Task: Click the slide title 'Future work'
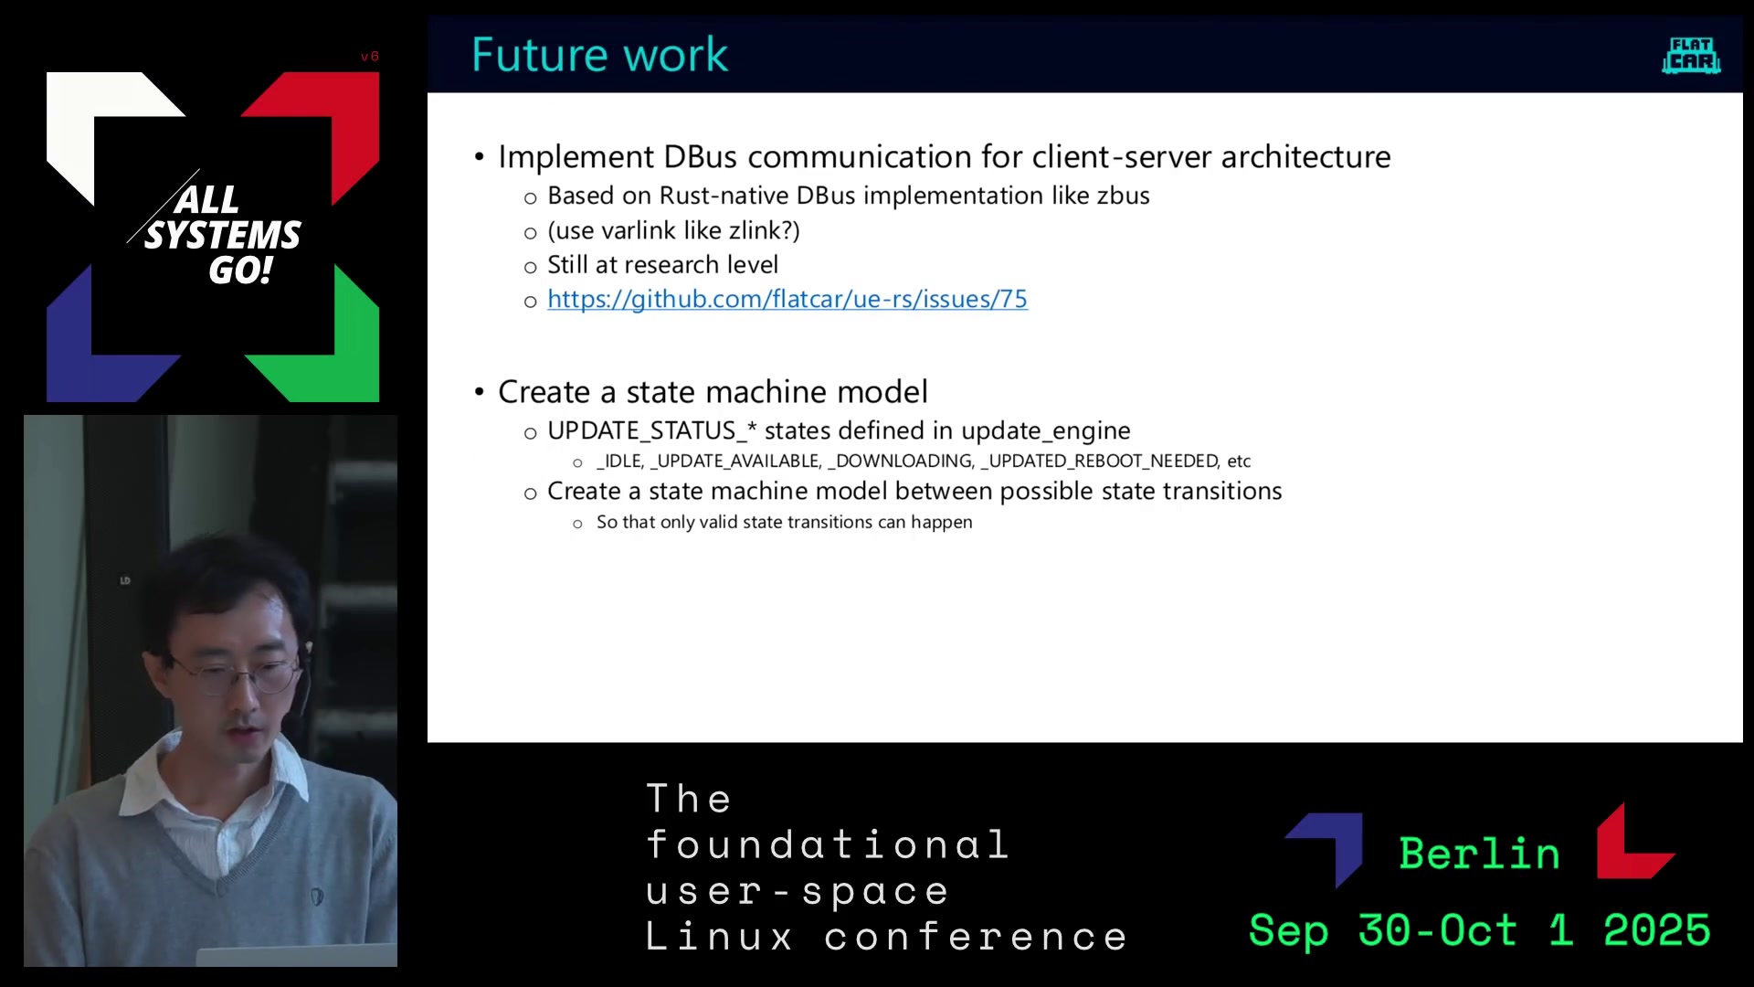599,55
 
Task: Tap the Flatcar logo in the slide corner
1691,56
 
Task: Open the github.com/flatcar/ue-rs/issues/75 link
787,299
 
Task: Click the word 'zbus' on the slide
1123,196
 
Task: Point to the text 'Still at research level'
662,265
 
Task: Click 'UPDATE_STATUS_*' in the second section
652,430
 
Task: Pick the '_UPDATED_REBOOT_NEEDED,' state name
1100,462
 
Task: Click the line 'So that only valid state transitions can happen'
784,522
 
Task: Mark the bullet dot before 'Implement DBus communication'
480,157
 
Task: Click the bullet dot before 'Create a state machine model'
480,392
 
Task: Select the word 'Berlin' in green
1479,854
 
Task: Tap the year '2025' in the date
1656,930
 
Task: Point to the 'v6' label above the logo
369,57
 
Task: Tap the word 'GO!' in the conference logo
240,271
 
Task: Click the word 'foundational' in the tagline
828,844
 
